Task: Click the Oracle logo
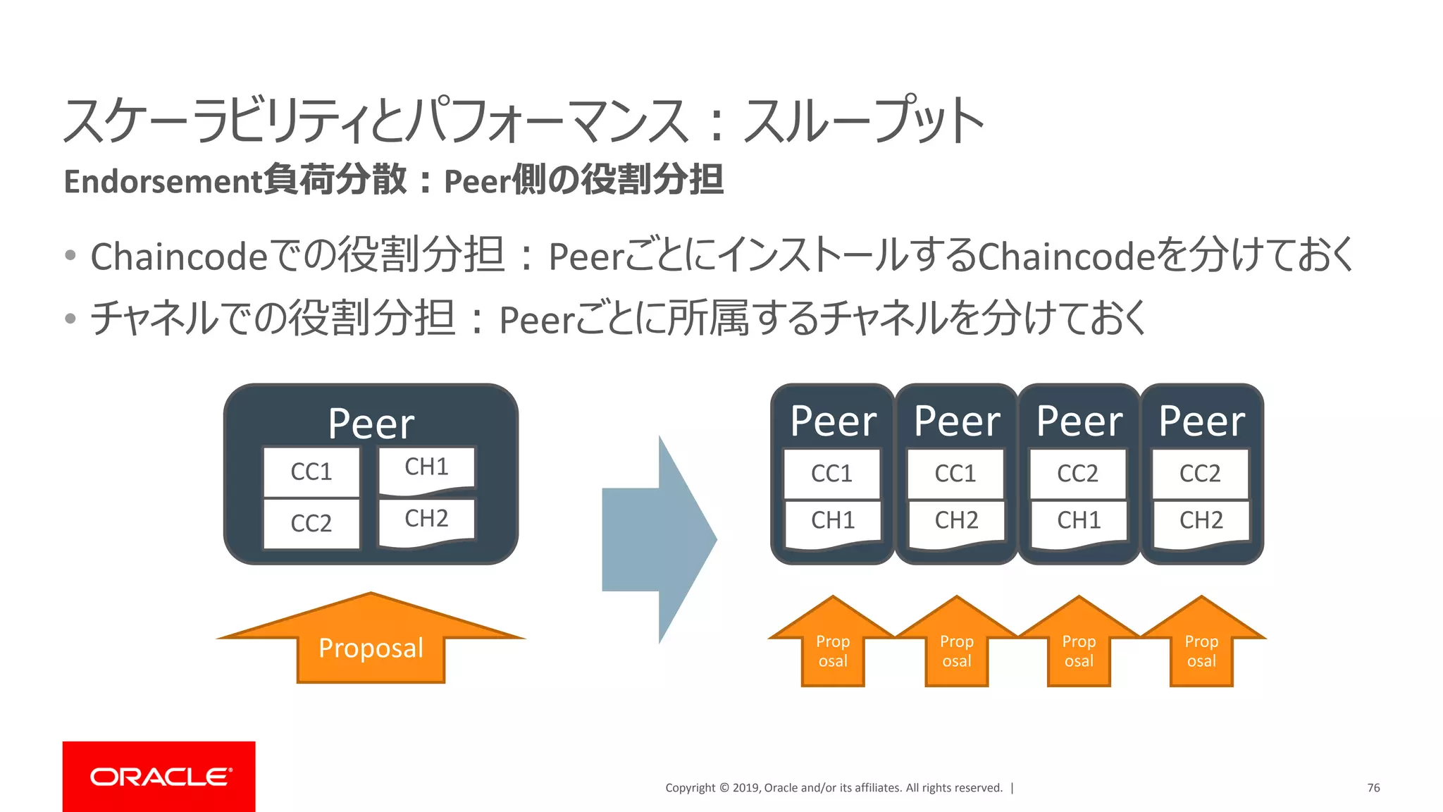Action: tap(159, 776)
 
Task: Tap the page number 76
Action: tap(1373, 787)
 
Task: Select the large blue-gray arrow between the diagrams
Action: tap(659, 539)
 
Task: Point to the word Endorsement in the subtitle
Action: tap(163, 181)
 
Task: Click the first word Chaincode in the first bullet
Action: tap(179, 256)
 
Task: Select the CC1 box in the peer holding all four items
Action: tap(311, 472)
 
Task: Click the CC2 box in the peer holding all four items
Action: tap(311, 523)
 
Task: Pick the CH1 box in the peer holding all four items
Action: tap(426, 467)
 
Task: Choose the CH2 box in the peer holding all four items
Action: tap(426, 519)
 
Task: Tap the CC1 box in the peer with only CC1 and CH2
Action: tap(955, 473)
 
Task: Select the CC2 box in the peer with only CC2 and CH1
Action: tap(1078, 473)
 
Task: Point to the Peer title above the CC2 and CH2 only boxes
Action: tap(1202, 422)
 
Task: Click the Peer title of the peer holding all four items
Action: tap(371, 424)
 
